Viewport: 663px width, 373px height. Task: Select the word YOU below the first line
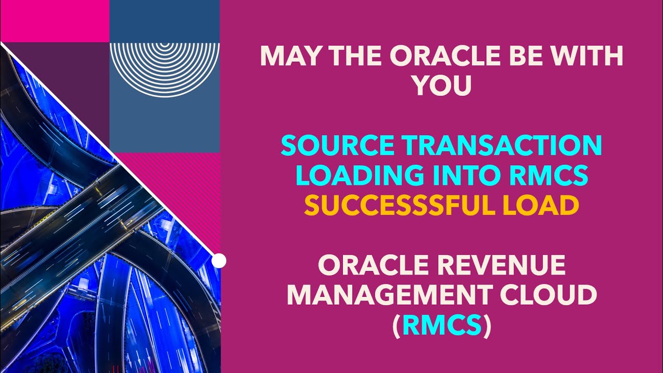pyautogui.click(x=442, y=86)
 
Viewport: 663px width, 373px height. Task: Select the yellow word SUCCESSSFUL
pyautogui.click(x=401, y=206)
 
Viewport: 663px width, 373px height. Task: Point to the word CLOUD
pyautogui.click(x=552, y=295)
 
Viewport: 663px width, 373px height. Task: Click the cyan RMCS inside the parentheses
pyautogui.click(x=442, y=326)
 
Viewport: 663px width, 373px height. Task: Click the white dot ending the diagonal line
pyautogui.click(x=219, y=261)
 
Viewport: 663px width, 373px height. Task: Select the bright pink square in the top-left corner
pyautogui.click(x=54, y=21)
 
